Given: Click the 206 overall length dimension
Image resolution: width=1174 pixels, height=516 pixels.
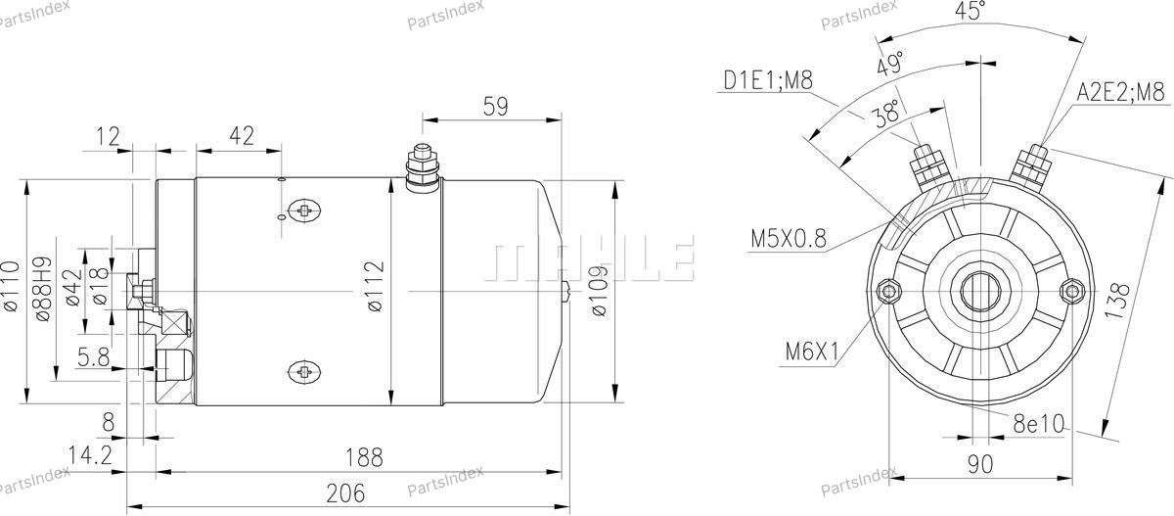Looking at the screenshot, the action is (x=345, y=493).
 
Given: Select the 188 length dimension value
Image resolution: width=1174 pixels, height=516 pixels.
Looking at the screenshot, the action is (x=364, y=457).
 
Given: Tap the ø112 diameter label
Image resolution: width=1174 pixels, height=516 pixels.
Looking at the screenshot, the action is (x=376, y=287).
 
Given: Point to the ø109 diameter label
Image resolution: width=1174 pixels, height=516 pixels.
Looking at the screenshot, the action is (x=599, y=291).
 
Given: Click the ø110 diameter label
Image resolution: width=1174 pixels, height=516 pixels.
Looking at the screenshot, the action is (x=11, y=286).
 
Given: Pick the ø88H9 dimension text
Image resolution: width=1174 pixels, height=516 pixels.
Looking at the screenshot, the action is (x=42, y=289).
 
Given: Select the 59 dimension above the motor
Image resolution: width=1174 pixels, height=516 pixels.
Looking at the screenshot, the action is (x=495, y=107).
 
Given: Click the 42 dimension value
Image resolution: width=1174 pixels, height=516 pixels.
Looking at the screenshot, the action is (x=242, y=135).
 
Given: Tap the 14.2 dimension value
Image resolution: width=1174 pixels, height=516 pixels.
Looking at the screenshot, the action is (x=90, y=454).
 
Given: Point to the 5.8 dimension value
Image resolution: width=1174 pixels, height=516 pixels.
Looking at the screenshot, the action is (x=93, y=357).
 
